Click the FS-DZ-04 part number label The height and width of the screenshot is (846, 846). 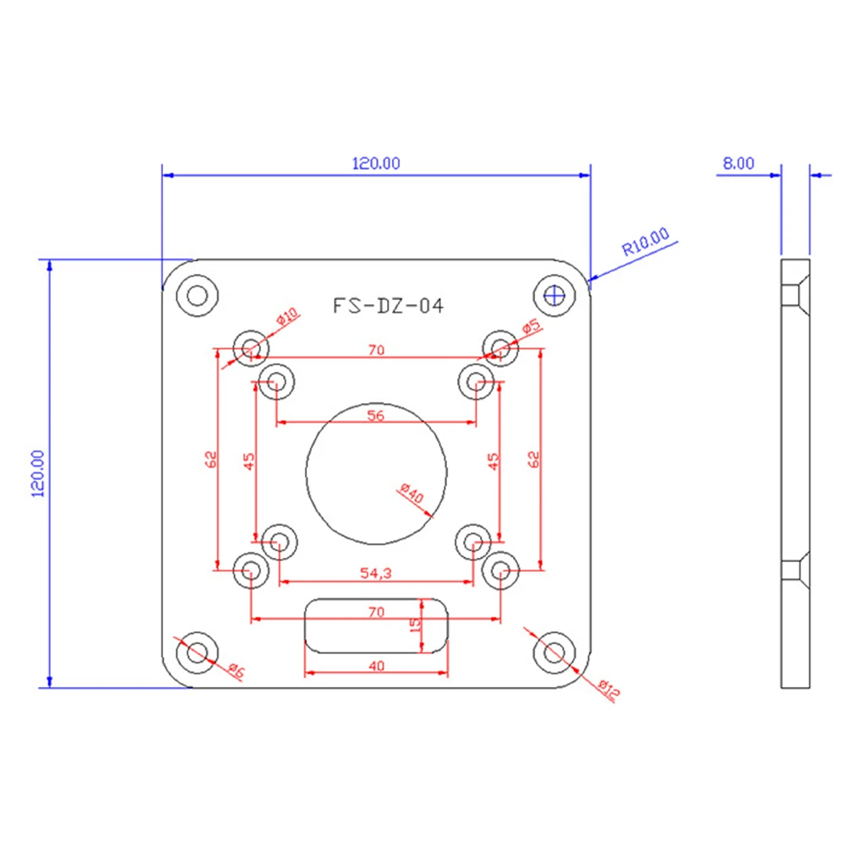pyautogui.click(x=388, y=306)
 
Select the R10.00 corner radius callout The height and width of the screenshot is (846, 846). pyautogui.click(x=646, y=242)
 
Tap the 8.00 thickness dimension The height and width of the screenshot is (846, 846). pyautogui.click(x=738, y=163)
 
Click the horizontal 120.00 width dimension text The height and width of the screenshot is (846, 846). pyautogui.click(x=376, y=163)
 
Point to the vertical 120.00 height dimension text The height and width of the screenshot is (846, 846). pyautogui.click(x=38, y=473)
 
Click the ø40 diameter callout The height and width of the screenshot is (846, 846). pyautogui.click(x=412, y=493)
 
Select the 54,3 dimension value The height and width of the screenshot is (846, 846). pyautogui.click(x=375, y=573)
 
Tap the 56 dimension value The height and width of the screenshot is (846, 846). pyautogui.click(x=375, y=416)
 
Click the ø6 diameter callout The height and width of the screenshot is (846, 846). pyautogui.click(x=237, y=670)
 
